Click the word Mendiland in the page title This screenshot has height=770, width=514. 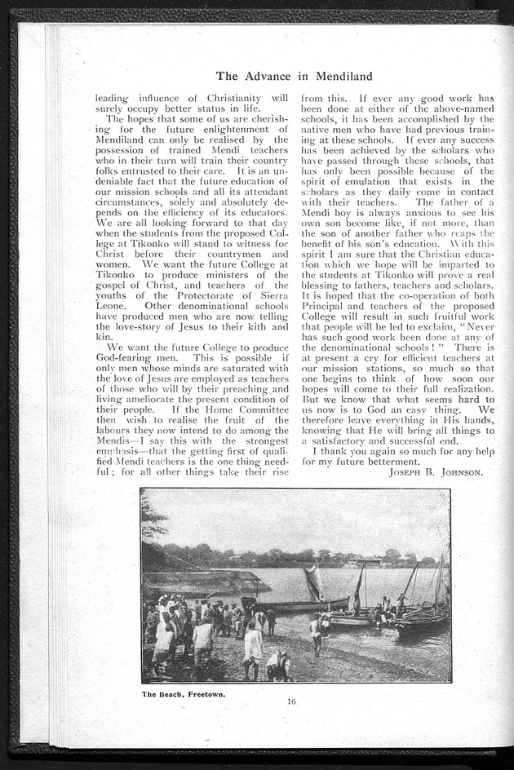pos(339,77)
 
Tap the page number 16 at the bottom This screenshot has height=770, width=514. pos(291,701)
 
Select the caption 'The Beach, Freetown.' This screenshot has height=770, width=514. pos(184,694)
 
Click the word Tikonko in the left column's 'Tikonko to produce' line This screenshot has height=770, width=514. pos(117,275)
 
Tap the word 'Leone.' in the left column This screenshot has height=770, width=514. pos(113,304)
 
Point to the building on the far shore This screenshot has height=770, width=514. pos(368,562)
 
